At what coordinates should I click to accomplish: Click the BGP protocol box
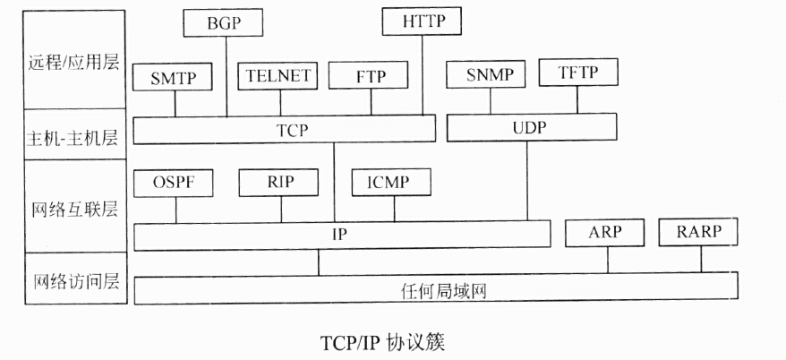click(x=225, y=22)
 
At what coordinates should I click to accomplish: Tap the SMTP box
click(x=175, y=77)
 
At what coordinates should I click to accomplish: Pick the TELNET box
click(x=278, y=76)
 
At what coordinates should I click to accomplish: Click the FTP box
click(x=370, y=77)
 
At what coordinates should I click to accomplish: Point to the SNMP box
click(x=490, y=75)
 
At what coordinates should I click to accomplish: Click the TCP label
click(x=292, y=130)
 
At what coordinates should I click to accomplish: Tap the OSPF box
click(x=175, y=184)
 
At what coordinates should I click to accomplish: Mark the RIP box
click(x=279, y=183)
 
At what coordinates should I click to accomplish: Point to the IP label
click(x=340, y=236)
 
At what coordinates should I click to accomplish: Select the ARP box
click(x=605, y=233)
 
